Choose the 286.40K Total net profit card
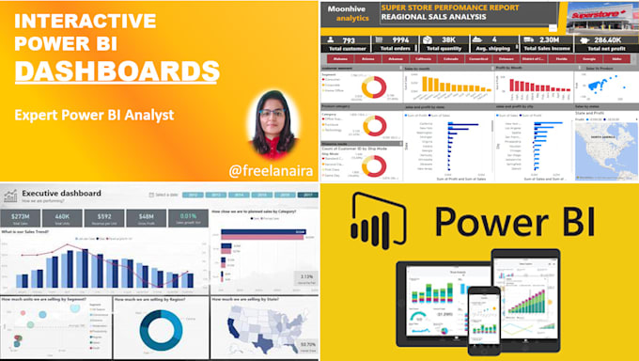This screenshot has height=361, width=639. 603,43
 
